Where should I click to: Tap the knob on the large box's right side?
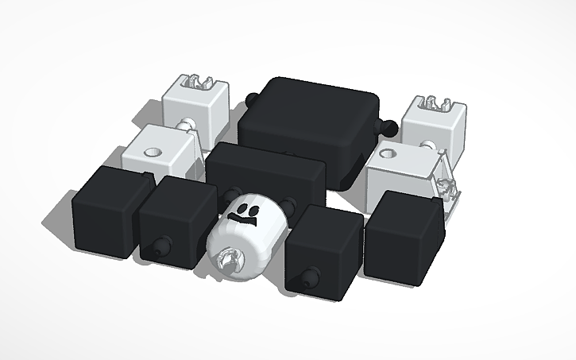point(390,126)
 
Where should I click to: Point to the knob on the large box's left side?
point(252,99)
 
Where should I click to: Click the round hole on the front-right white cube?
point(389,153)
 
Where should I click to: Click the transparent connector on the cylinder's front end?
point(230,258)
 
